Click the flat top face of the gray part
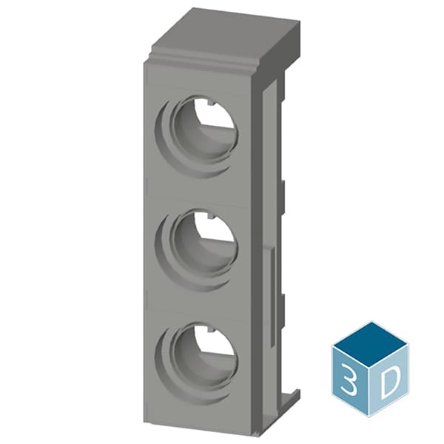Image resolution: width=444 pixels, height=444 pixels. (222, 33)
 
